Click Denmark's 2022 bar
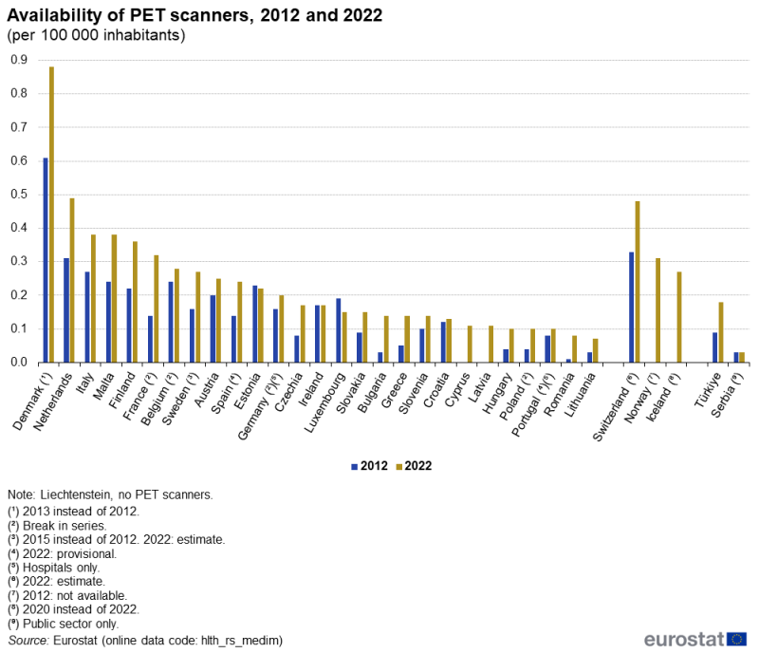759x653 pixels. (x=51, y=215)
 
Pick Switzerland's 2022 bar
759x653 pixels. (x=638, y=282)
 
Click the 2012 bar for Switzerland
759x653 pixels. (x=632, y=307)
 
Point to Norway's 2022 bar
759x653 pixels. (x=658, y=310)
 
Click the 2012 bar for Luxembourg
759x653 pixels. (x=339, y=330)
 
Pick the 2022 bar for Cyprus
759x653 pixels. (x=469, y=344)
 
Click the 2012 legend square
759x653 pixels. (x=354, y=466)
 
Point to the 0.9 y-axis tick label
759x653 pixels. (x=17, y=60)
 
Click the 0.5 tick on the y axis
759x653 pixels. (x=17, y=195)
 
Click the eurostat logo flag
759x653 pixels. (x=736, y=638)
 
